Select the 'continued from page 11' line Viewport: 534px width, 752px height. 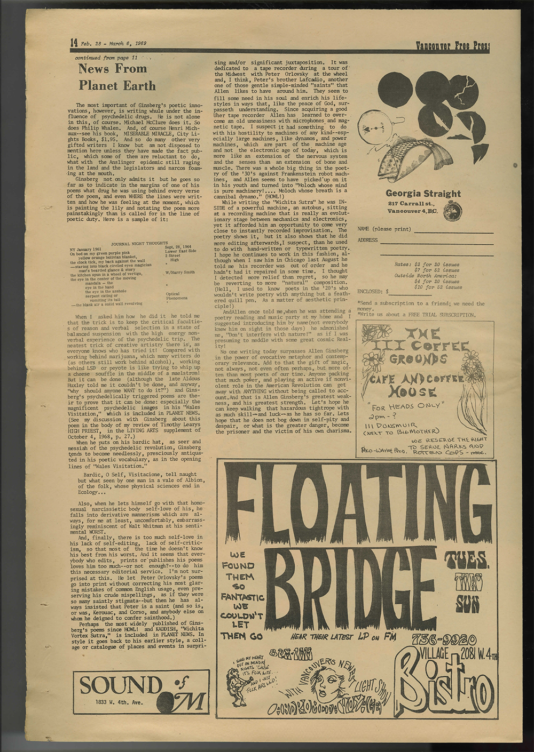[x=106, y=57]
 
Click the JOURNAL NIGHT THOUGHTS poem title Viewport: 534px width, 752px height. [x=139, y=243]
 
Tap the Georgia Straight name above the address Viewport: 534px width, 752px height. [x=423, y=194]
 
